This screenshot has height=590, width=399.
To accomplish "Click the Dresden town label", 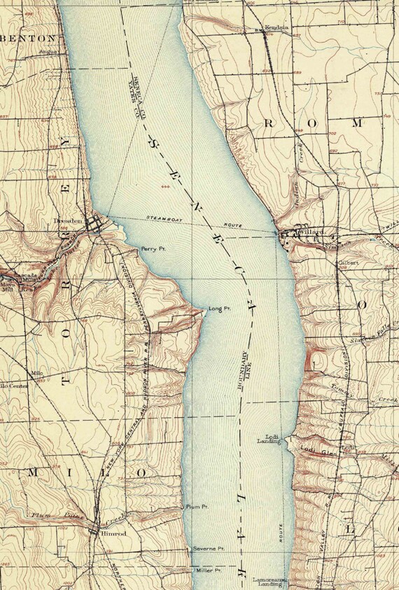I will [x=69, y=221].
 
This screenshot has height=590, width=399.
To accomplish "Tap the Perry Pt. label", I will [x=152, y=248].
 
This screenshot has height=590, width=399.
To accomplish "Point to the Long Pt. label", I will [x=220, y=309].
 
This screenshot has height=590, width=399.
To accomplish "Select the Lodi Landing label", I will [x=269, y=438].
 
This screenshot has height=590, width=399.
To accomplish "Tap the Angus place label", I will [x=48, y=51].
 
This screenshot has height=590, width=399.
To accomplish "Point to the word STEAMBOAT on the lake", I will [x=163, y=218].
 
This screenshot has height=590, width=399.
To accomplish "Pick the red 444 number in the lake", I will [x=166, y=187].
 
